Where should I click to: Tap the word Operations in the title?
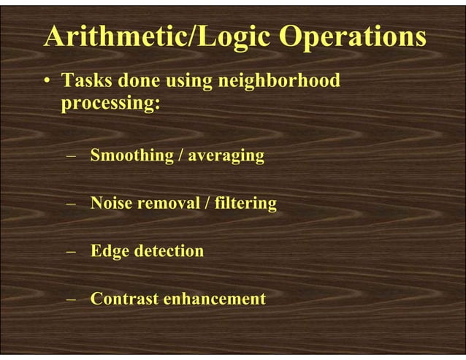[x=354, y=37]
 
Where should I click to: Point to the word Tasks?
[x=85, y=81]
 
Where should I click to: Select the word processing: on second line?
[x=110, y=104]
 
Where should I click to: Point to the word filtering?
[x=245, y=204]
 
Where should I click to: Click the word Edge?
[x=109, y=252]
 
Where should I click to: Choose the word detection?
[x=168, y=252]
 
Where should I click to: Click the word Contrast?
[x=124, y=299]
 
